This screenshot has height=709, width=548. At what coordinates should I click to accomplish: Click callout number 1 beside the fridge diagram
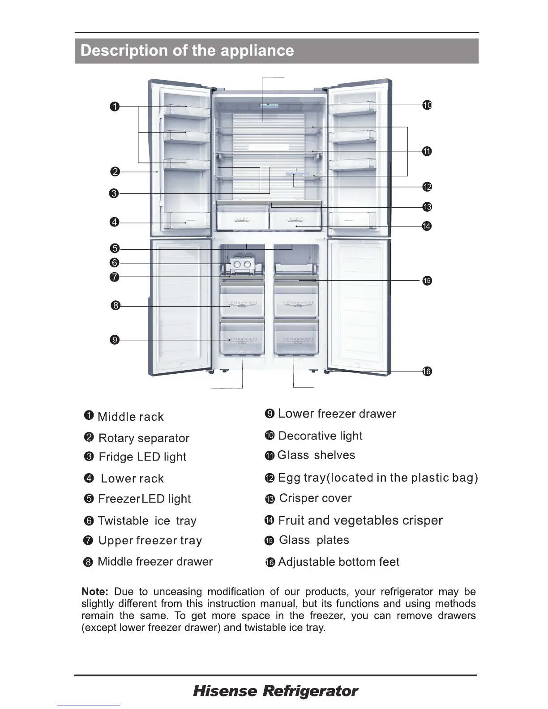[x=115, y=107]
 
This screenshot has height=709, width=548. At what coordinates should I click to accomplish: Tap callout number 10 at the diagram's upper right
[x=427, y=105]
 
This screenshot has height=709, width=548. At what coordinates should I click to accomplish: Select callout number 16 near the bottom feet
[x=427, y=372]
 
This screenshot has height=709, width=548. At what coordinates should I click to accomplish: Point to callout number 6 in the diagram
[x=115, y=263]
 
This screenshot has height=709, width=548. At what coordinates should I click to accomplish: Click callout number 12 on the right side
[x=427, y=187]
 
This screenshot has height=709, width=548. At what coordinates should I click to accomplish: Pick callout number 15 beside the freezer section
[x=427, y=281]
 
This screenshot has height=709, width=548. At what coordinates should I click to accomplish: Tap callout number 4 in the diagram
[x=115, y=222]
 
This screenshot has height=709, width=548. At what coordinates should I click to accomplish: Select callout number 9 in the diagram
[x=115, y=340]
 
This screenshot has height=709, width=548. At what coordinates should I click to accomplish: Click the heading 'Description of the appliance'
[x=187, y=51]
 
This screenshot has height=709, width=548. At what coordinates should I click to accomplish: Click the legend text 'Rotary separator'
[x=144, y=438]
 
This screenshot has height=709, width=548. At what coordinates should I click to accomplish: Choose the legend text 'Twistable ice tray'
[x=147, y=521]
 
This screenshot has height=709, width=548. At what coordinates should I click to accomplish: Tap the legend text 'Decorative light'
[x=320, y=436]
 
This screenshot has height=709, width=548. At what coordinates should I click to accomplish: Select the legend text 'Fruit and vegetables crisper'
[x=360, y=520]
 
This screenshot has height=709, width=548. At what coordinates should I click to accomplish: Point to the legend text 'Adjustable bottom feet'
[x=338, y=562]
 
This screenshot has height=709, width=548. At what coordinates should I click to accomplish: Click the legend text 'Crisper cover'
[x=315, y=498]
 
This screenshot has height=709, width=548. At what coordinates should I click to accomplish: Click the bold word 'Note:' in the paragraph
[x=95, y=592]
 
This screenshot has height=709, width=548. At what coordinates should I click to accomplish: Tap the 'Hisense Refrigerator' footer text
[x=275, y=691]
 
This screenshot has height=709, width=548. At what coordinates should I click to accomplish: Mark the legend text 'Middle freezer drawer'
[x=155, y=561]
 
